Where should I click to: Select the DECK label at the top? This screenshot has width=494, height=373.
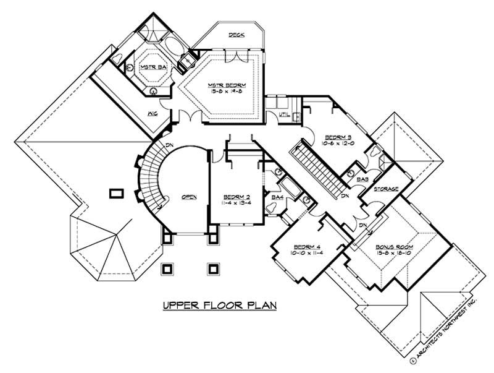pyautogui.click(x=235, y=35)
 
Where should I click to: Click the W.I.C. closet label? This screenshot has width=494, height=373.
pyautogui.click(x=151, y=114)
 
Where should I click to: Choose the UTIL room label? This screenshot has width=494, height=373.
pyautogui.click(x=284, y=115)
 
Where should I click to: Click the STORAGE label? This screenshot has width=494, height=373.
pyautogui.click(x=385, y=188)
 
